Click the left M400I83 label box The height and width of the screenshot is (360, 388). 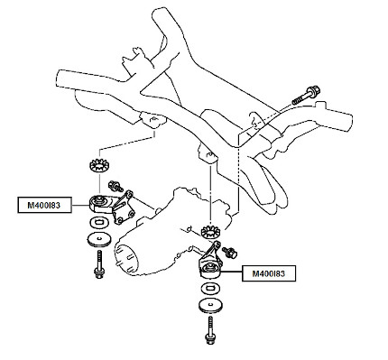click(45, 205)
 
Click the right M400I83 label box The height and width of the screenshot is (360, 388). click(269, 273)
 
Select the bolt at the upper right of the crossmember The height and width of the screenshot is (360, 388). click(306, 96)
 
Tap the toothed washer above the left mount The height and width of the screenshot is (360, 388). click(99, 166)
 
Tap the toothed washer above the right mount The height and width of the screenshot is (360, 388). click(210, 233)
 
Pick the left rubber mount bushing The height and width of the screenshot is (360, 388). click(100, 204)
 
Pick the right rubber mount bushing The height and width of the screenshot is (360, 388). click(209, 270)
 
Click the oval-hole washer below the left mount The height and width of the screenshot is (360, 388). click(99, 223)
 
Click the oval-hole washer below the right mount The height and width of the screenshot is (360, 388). click(209, 289)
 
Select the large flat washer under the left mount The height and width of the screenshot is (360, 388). click(99, 239)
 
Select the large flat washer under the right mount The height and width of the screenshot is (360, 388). click(209, 306)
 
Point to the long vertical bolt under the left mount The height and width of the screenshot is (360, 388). click(99, 264)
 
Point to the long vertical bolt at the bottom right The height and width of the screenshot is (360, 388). click(210, 330)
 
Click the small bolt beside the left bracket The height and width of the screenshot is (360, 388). click(115, 186)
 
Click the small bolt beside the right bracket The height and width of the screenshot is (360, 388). click(229, 252)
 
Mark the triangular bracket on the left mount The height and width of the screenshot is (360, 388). click(124, 208)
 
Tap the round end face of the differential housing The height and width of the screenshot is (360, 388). click(126, 257)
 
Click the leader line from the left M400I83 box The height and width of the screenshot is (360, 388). click(81, 205)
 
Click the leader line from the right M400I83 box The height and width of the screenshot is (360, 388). click(231, 272)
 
